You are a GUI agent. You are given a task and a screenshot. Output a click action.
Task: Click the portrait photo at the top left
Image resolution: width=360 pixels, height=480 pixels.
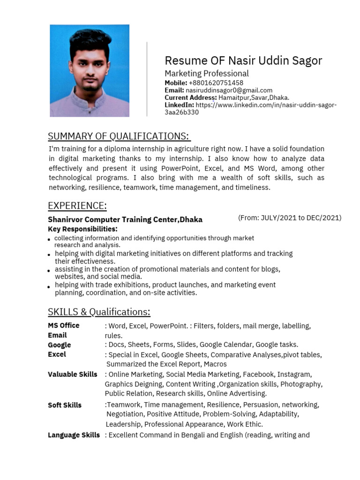[90, 71]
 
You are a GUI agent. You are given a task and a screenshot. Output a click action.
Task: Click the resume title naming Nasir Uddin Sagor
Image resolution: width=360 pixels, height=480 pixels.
[243, 60]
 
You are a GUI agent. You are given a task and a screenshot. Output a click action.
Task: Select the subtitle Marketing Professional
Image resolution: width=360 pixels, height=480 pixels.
[206, 74]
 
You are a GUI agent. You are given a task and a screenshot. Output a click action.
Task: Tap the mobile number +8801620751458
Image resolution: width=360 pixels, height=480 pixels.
[216, 83]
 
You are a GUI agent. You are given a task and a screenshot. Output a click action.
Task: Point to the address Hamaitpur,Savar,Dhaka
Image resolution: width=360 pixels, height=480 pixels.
[254, 97]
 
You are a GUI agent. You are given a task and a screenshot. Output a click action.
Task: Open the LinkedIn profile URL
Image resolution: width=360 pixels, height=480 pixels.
[266, 105]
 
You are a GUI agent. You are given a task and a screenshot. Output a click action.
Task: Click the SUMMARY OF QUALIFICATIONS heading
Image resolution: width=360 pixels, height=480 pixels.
[119, 136]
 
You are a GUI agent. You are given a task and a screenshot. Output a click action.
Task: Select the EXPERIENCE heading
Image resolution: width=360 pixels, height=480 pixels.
[77, 206]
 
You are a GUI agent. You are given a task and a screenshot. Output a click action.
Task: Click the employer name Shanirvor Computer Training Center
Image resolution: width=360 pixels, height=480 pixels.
[125, 219]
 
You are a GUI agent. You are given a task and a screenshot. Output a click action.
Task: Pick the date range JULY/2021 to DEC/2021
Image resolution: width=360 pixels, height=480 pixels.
[290, 217]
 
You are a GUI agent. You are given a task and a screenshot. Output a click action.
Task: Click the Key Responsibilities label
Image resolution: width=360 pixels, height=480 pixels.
[82, 229]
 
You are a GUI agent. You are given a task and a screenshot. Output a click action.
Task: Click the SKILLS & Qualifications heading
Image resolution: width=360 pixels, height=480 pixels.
[99, 312]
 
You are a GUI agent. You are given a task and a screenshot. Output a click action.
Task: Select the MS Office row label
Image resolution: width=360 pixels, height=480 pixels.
[64, 325]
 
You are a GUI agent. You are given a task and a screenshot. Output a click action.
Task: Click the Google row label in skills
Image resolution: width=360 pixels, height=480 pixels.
[60, 345]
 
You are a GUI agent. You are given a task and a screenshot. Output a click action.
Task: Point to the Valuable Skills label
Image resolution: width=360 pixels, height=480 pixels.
[73, 374]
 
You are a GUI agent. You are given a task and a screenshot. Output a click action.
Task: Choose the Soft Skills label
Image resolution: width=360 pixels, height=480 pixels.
[65, 405]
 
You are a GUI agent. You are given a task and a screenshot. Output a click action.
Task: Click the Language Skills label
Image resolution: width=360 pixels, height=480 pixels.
[74, 435]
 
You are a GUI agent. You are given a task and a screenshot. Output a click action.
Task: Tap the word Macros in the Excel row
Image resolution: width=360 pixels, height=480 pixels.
[215, 364]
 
